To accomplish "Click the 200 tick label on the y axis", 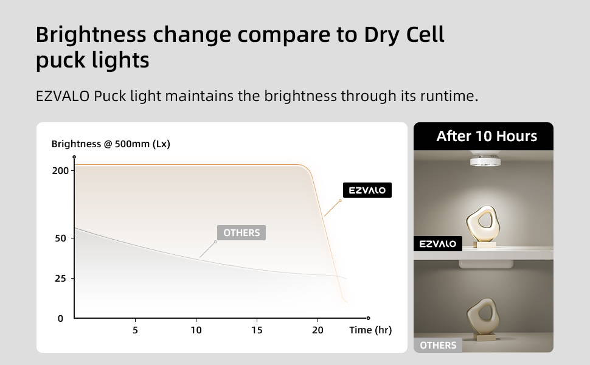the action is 60,171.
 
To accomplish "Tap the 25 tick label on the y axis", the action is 60,279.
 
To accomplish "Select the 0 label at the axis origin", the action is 60,319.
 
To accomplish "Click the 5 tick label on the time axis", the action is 135,330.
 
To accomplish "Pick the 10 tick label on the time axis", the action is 196,330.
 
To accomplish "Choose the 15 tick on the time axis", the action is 257,330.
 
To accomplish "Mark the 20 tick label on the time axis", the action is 318,330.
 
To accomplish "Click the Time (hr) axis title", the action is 370,330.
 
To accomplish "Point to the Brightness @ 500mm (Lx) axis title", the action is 111,144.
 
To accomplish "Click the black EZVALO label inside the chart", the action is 367,190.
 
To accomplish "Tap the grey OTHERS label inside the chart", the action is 241,232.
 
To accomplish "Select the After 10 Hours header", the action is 487,136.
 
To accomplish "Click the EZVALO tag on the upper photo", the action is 438,244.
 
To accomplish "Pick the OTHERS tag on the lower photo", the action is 438,345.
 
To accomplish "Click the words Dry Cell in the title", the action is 404,35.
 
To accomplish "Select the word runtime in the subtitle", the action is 449,96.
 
